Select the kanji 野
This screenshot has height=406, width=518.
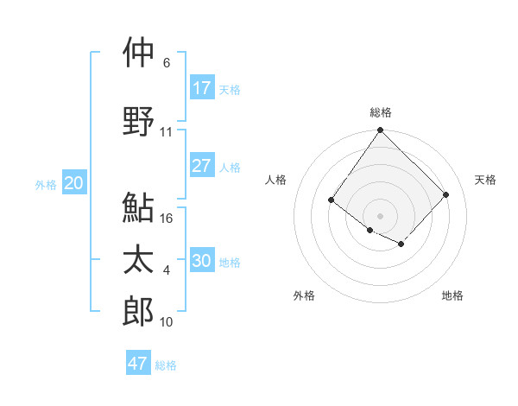tap(138, 121)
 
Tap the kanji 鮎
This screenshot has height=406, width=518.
tap(138, 207)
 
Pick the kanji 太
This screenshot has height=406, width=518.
tap(138, 260)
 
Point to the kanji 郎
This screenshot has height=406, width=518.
tap(138, 311)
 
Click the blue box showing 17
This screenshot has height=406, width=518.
tap(202, 88)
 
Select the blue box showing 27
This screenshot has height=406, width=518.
tap(202, 166)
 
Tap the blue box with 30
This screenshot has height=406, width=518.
tap(202, 261)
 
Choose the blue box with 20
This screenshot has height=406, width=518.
tap(74, 183)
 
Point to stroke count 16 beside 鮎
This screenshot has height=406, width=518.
tap(167, 219)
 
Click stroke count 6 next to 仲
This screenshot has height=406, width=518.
tap(167, 63)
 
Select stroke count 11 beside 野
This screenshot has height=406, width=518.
tap(167, 132)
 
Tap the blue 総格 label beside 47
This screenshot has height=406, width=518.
tap(166, 365)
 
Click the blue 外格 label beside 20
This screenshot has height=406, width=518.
tap(46, 184)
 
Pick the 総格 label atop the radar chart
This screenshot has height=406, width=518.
tap(380, 112)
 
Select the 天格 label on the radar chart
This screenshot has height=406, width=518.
tap(485, 180)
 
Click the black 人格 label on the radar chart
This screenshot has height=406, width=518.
tap(275, 180)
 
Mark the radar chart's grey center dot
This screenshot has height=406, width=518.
tap(380, 215)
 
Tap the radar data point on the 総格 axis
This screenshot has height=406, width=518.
tap(380, 130)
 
